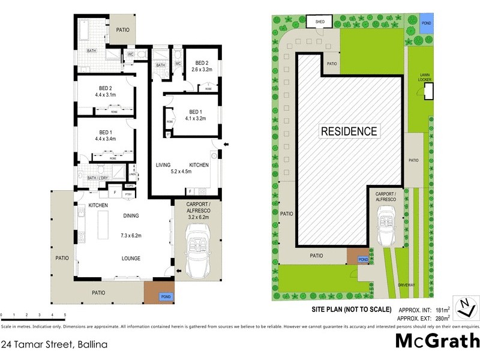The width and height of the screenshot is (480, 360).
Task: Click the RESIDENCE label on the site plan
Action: (x=349, y=131)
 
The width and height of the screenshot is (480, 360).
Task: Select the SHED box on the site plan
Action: (x=320, y=22)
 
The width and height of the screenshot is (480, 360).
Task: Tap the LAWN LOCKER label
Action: (x=429, y=77)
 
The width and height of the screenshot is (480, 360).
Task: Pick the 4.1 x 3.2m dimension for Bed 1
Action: (x=193, y=119)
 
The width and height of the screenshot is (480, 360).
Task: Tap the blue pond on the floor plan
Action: (x=164, y=296)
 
